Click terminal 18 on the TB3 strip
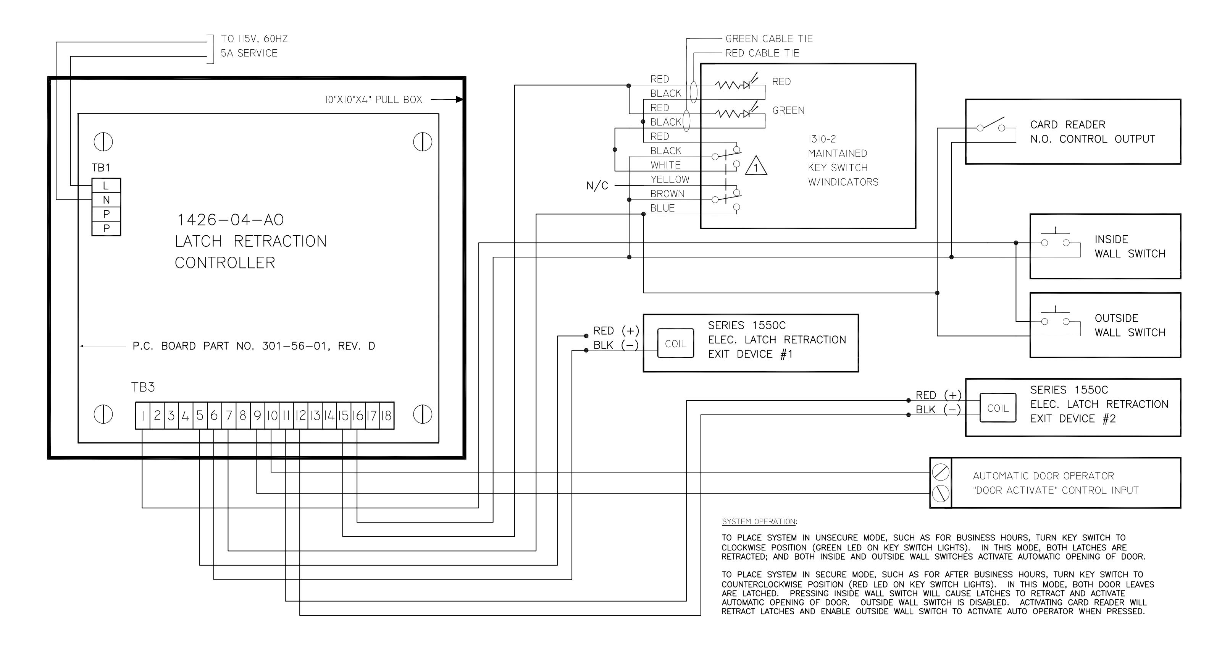[387, 416]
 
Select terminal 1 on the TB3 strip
[143, 416]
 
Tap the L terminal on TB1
[106, 185]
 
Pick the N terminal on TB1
[106, 200]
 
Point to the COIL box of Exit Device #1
[676, 343]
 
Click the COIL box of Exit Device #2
[998, 408]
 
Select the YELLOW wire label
[670, 180]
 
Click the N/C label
[597, 186]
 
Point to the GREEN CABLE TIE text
[769, 39]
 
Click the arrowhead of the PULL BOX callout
[459, 99]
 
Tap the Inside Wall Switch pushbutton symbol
[1055, 239]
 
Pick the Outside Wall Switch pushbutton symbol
[1055, 317]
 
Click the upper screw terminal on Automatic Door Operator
[941, 473]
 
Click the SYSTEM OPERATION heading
[759, 521]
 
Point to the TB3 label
[143, 387]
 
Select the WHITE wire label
[666, 165]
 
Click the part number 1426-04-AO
[231, 220]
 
